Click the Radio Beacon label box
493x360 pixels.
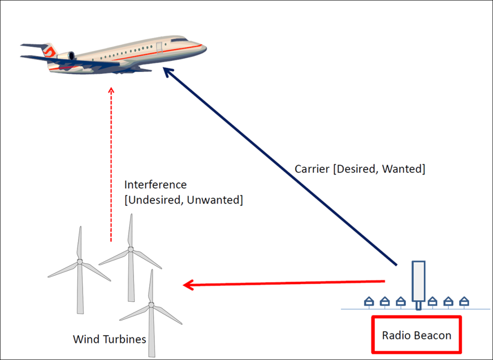tap(417, 335)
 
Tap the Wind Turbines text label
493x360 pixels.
tap(110, 340)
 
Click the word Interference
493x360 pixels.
tap(155, 185)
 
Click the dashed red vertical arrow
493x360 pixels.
tap(111, 164)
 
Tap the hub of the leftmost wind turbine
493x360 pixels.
tap(80, 262)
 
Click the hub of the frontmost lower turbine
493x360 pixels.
tap(151, 305)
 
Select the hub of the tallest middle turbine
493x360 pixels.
tap(131, 249)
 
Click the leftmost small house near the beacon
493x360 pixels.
tap(369, 302)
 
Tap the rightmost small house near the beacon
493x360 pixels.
tap(464, 302)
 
